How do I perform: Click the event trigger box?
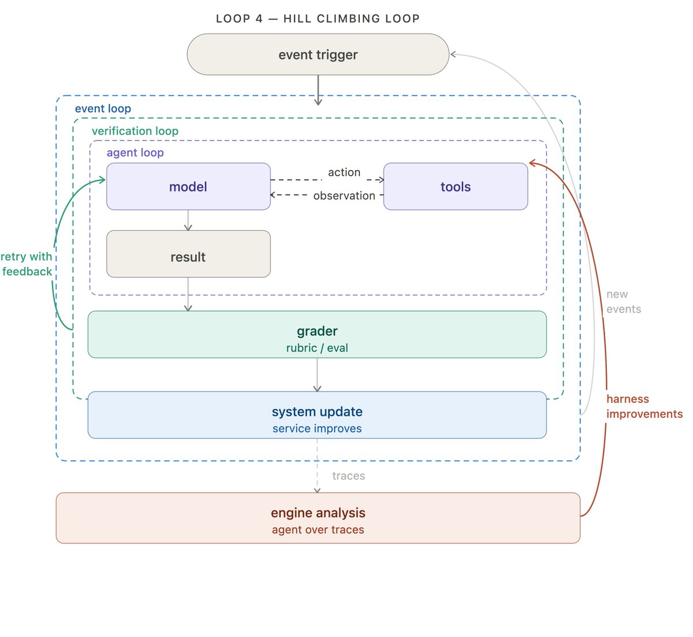(318, 54)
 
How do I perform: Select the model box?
(188, 186)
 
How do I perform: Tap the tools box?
(455, 186)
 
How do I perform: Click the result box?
(188, 254)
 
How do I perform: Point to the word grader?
(317, 331)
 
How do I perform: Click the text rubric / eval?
(317, 347)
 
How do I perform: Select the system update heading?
(317, 412)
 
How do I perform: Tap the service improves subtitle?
(317, 428)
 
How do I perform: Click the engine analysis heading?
(318, 513)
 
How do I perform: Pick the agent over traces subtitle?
(318, 529)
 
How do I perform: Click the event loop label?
(103, 109)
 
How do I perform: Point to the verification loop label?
(135, 131)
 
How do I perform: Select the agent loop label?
(135, 153)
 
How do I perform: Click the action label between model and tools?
(344, 172)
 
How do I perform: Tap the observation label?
(344, 196)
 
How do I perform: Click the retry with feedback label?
(26, 264)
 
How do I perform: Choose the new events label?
(624, 302)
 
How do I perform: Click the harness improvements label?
(644, 406)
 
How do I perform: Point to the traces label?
(348, 476)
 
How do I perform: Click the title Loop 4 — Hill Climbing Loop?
(318, 18)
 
